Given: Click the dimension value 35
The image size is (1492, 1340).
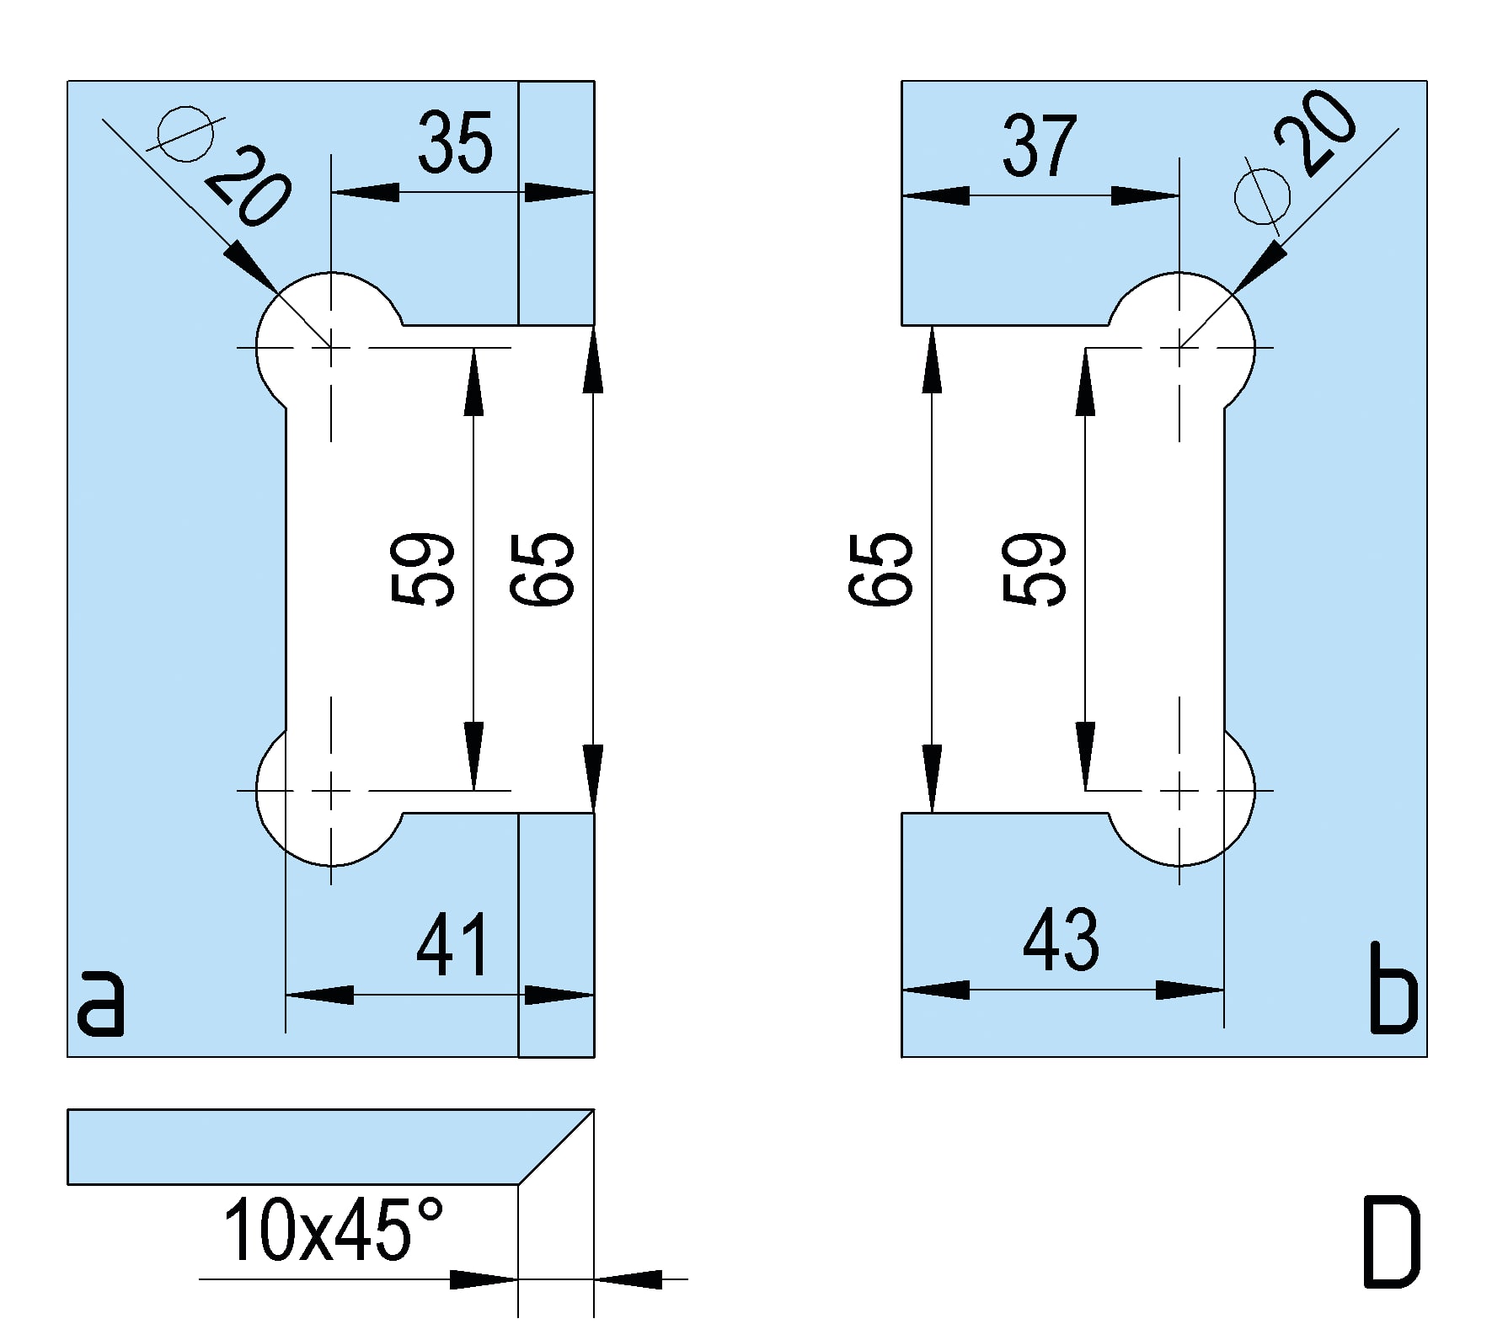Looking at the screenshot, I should (455, 143).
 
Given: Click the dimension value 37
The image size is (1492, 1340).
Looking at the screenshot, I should (1040, 146).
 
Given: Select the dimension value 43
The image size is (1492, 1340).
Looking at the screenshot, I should (1061, 939).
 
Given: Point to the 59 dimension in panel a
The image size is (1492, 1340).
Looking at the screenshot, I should (424, 569).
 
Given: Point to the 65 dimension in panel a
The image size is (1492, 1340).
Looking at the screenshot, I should (543, 569).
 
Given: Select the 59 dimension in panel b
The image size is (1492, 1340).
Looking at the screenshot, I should (1035, 569).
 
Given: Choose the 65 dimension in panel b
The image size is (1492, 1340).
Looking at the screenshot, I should (880, 569).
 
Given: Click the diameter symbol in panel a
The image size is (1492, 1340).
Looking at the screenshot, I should (185, 133).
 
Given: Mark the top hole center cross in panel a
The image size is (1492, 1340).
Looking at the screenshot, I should (331, 347).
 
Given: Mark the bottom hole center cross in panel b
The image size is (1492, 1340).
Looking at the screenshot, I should (1179, 791).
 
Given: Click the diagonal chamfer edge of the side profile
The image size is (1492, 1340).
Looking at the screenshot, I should (556, 1147).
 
